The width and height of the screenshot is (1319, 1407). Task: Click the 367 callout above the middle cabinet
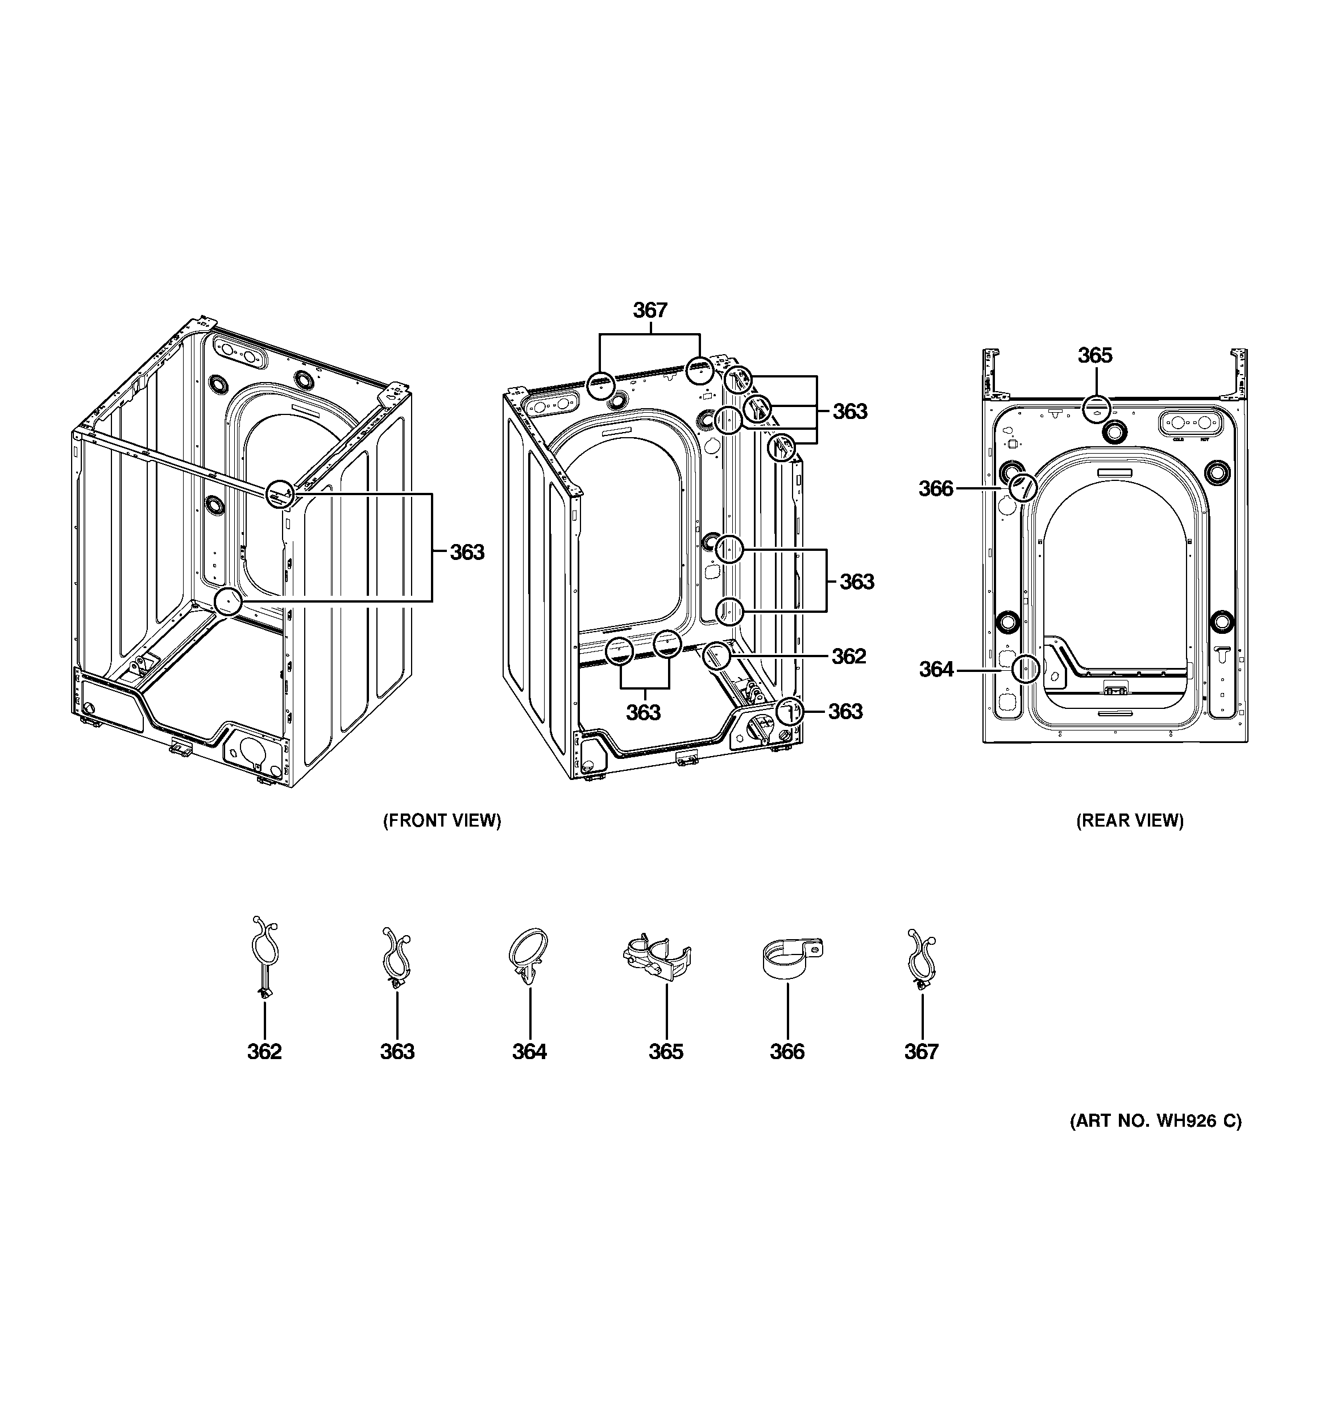[x=649, y=310]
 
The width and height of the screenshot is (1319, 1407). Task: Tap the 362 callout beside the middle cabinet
[x=848, y=656]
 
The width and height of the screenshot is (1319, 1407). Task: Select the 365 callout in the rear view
[x=1094, y=355]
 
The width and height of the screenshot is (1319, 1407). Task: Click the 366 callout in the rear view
[x=935, y=488]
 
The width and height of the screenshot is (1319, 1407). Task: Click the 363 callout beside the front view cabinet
[x=467, y=552]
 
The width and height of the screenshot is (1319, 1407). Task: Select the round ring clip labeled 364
[x=529, y=956]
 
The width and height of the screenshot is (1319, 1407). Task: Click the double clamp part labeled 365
[x=656, y=956]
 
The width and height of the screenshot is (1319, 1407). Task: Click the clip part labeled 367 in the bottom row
[x=920, y=958]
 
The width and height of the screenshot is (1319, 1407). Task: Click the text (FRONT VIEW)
[x=442, y=820]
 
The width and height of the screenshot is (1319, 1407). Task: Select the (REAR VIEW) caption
[x=1129, y=820]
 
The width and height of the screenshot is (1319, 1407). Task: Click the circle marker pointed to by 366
[x=1022, y=487]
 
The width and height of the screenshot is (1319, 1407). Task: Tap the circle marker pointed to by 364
[x=1025, y=668]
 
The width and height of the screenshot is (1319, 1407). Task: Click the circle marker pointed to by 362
[x=717, y=656]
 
